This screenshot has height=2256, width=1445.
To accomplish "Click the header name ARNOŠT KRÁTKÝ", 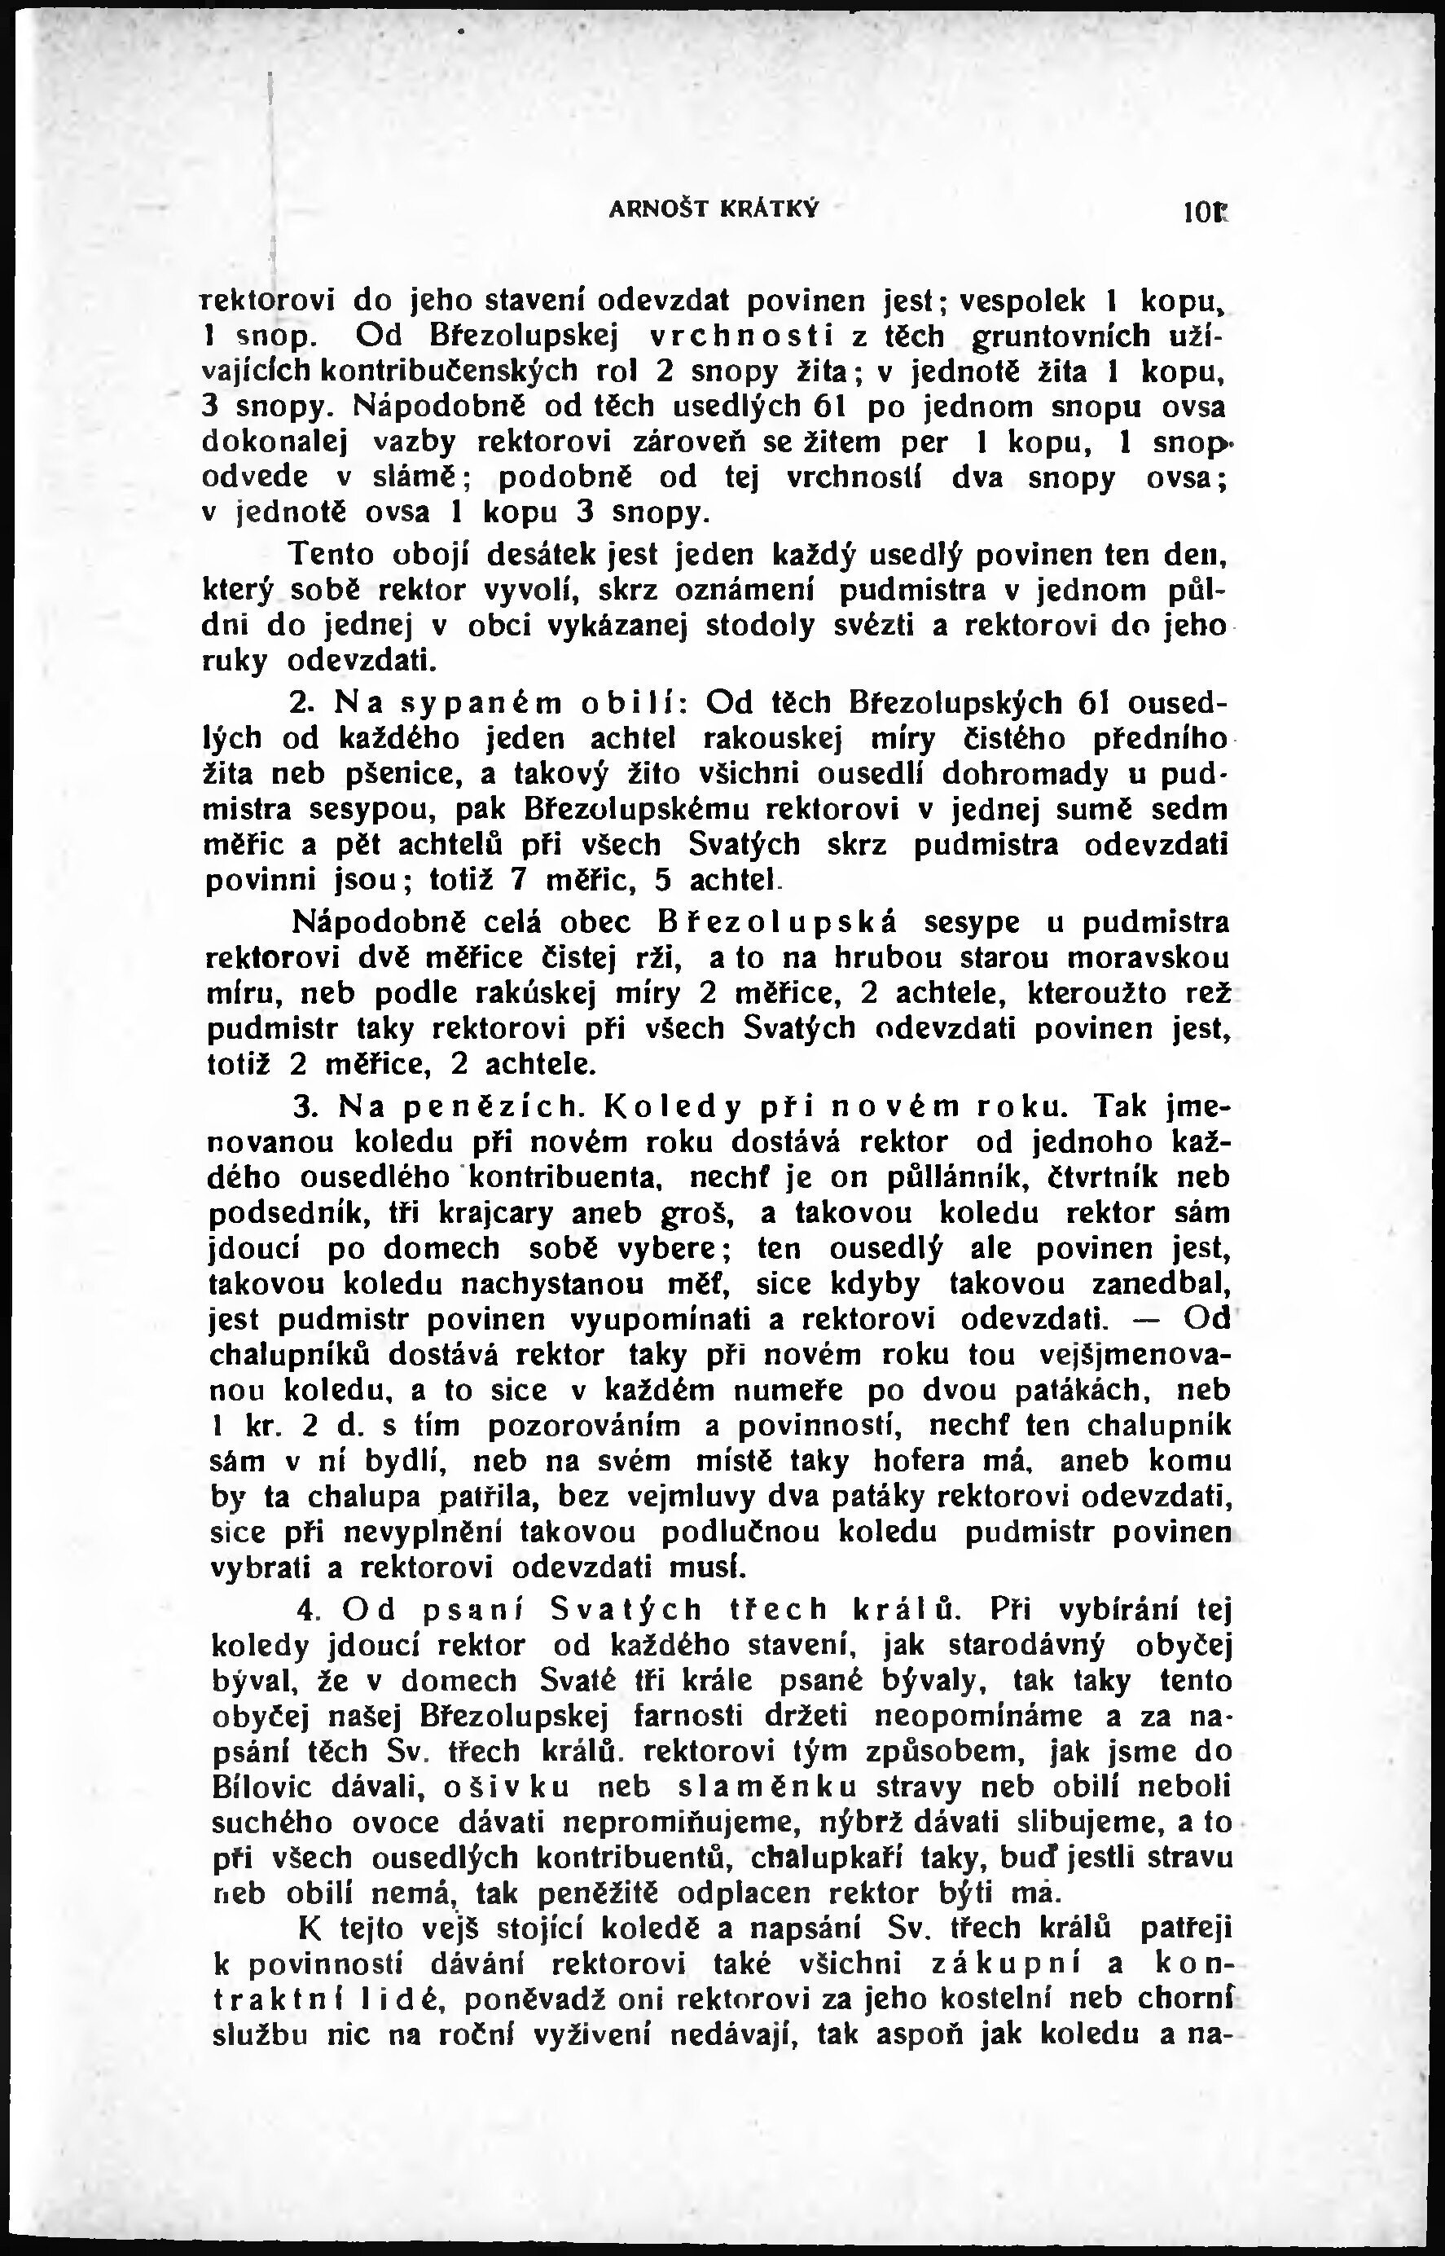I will point(714,209).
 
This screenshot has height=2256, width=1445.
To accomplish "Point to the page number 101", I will point(1205,213).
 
